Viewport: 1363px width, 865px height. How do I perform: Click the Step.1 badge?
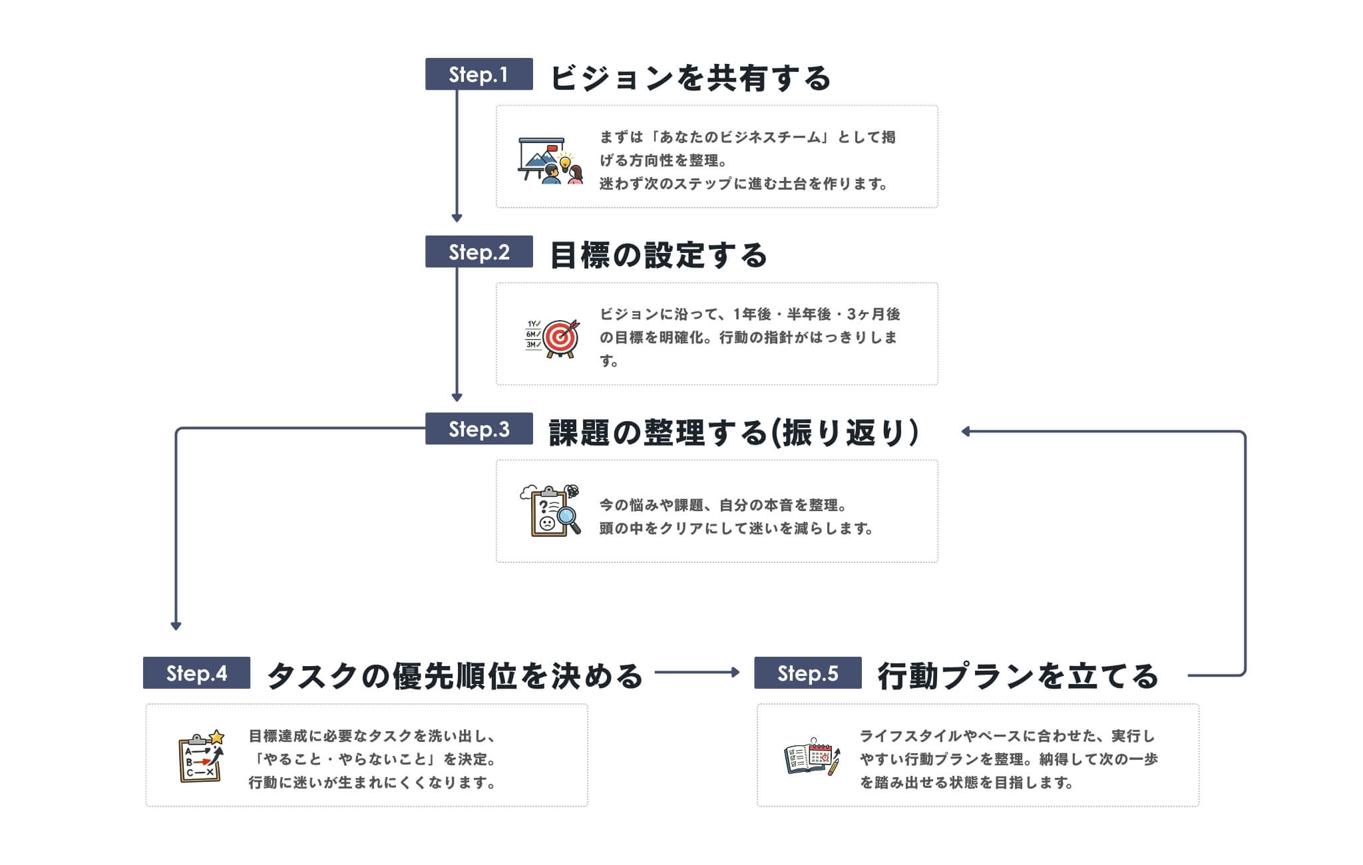pyautogui.click(x=479, y=74)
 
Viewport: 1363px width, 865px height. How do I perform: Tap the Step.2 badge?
pyautogui.click(x=479, y=252)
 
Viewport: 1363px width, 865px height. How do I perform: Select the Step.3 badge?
pyautogui.click(x=479, y=429)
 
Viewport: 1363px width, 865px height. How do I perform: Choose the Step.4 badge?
pyautogui.click(x=196, y=673)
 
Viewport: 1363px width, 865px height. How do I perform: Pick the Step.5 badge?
pyautogui.click(x=807, y=673)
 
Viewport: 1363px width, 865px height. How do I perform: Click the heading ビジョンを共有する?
pyautogui.click(x=691, y=78)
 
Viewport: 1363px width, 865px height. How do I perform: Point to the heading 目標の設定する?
pyautogui.click(x=659, y=256)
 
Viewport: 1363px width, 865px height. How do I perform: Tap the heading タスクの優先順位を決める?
pyautogui.click(x=455, y=677)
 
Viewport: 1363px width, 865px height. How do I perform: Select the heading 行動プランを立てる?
pyautogui.click(x=1018, y=677)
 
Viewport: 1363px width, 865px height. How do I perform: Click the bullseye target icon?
pyautogui.click(x=560, y=338)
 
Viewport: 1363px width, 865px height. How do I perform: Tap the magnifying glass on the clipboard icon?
pyautogui.click(x=568, y=516)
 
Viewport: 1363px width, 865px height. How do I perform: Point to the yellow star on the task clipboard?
pyautogui.click(x=217, y=737)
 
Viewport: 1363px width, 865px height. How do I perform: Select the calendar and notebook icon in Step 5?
pyautogui.click(x=812, y=759)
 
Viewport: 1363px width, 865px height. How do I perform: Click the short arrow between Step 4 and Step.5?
pyautogui.click(x=697, y=673)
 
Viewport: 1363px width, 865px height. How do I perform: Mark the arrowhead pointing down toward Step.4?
pyautogui.click(x=176, y=625)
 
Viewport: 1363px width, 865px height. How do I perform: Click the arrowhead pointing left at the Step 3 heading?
pyautogui.click(x=966, y=432)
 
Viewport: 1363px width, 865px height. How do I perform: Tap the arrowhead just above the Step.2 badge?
pyautogui.click(x=457, y=218)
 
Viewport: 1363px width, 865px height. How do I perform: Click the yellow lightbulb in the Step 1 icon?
pyautogui.click(x=565, y=160)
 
